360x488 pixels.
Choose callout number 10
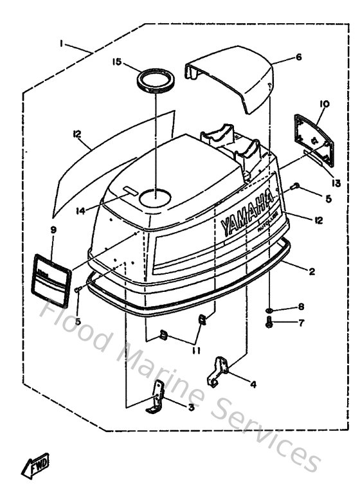[x=323, y=103]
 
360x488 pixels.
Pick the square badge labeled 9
[x=51, y=280]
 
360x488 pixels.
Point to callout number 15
[x=116, y=62]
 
